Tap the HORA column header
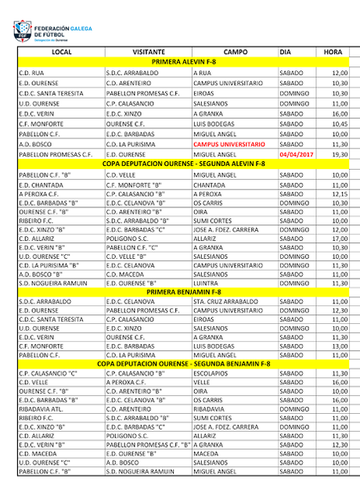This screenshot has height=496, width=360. coord(333,52)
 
